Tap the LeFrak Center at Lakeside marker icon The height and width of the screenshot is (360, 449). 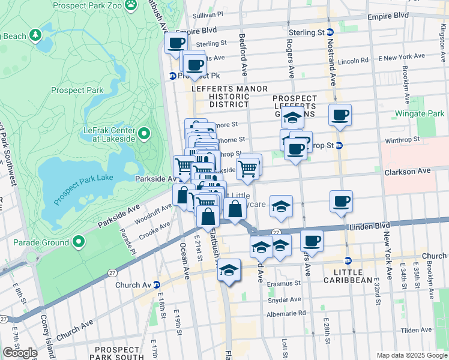(x=144, y=133)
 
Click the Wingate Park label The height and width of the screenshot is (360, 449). (x=420, y=113)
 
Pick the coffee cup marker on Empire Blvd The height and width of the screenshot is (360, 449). (x=176, y=43)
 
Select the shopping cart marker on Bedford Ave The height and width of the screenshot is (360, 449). (x=247, y=169)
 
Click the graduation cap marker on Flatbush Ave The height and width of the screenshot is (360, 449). (x=228, y=271)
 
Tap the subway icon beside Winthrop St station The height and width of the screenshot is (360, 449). (x=339, y=145)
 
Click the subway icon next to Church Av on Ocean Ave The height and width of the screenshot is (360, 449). (x=157, y=284)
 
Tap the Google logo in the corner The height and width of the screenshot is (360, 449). (x=20, y=353)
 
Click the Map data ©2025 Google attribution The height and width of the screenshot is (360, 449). (x=411, y=355)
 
